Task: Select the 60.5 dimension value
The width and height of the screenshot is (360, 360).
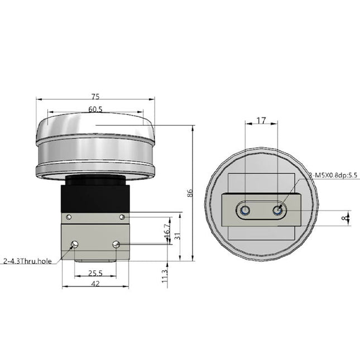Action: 95,109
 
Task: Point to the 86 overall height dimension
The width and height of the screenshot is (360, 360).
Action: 190,193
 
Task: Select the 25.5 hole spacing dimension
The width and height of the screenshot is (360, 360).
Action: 95,273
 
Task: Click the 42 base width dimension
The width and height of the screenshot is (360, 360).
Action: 95,284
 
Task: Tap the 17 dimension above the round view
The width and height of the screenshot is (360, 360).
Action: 261,119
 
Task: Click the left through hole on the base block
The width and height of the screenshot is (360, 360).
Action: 75,244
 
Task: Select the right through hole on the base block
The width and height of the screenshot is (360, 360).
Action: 116,244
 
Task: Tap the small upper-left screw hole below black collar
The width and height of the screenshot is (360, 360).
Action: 68,216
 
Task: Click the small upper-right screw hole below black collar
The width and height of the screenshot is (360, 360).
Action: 122,216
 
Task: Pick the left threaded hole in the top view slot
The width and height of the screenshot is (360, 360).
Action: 244,210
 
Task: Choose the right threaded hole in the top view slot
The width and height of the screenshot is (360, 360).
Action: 278,210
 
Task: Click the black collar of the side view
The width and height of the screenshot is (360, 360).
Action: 95,195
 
